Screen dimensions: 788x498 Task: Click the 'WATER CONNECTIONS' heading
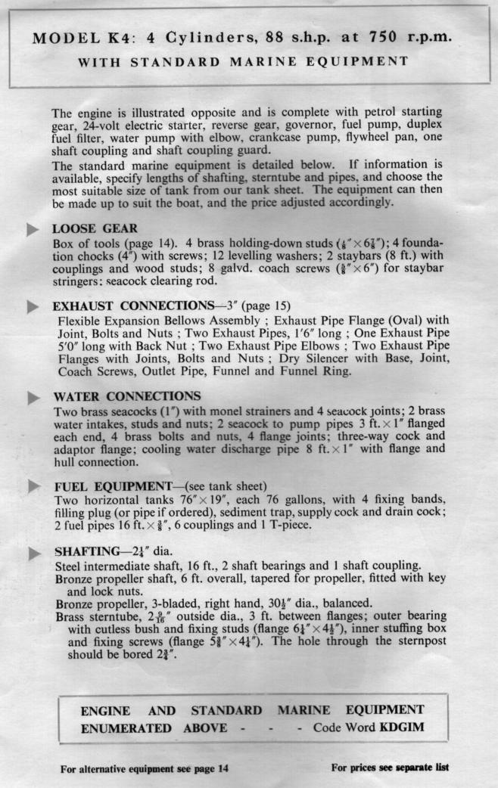click(x=126, y=396)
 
